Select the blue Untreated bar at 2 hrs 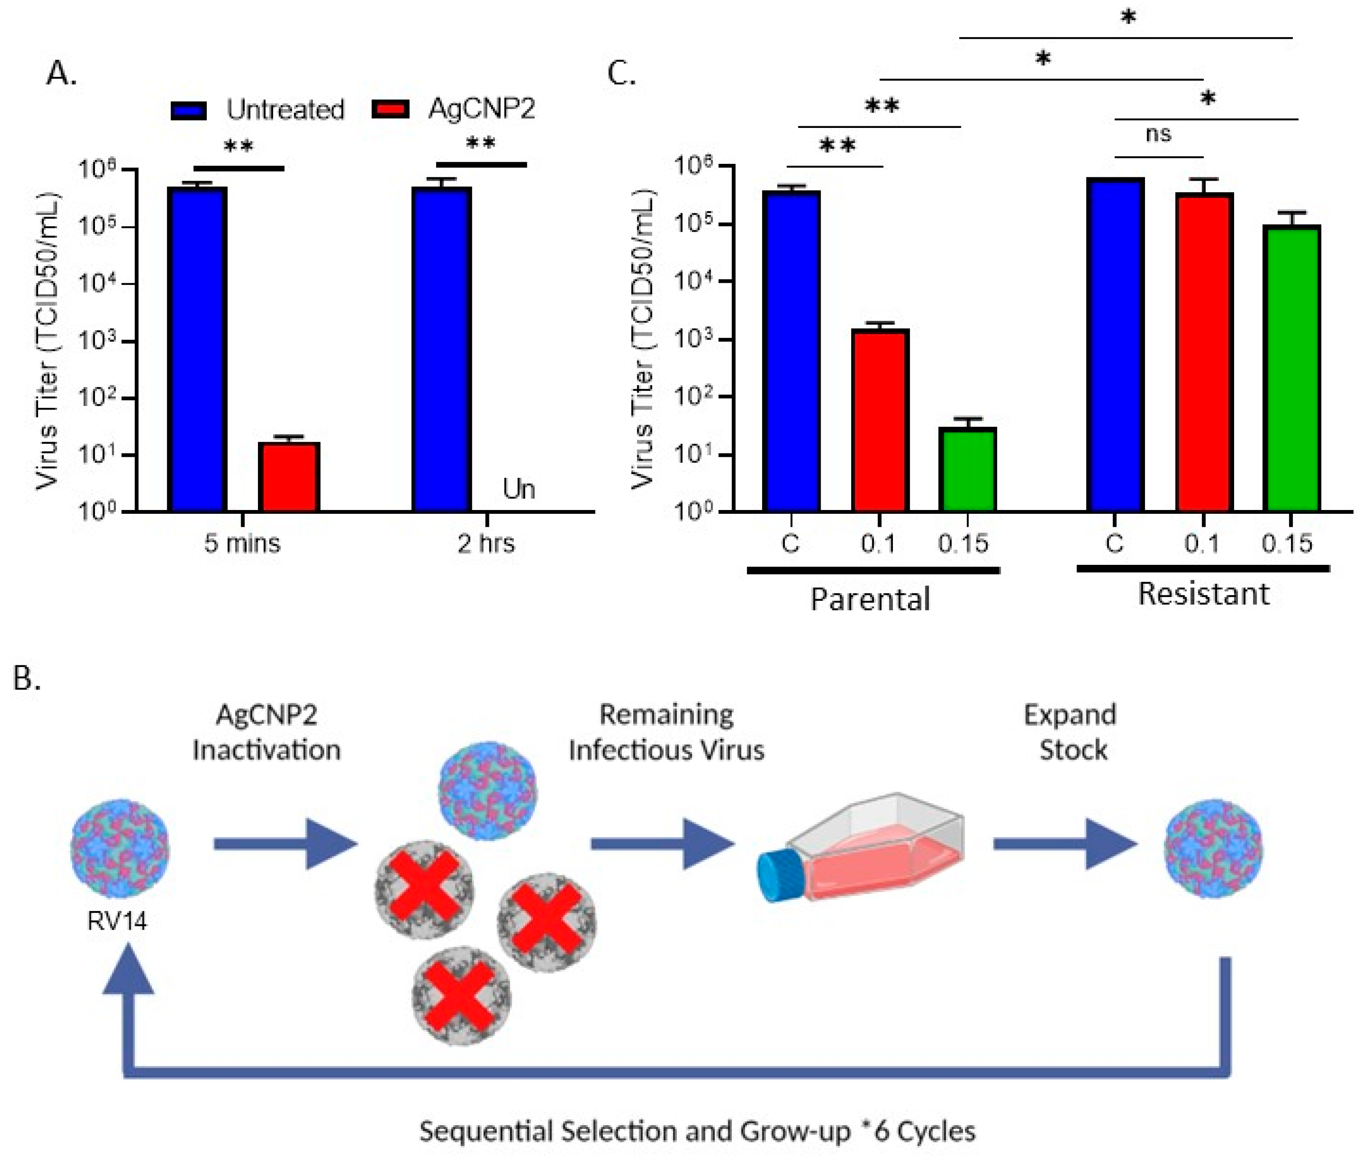442,348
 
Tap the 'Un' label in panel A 518,489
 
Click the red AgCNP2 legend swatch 391,110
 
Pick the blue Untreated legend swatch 189,110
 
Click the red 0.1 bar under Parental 879,421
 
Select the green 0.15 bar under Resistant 1291,368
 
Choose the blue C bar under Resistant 1115,345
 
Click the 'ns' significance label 1158,134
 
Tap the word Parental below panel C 870,599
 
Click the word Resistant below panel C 1203,594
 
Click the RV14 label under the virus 117,921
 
